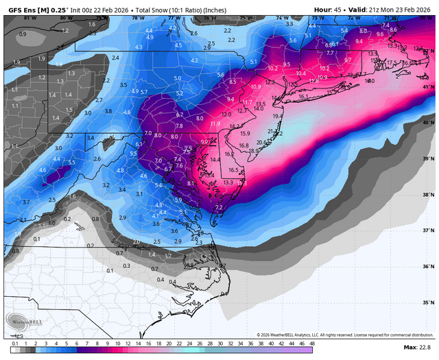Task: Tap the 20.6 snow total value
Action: pyautogui.click(x=263, y=142)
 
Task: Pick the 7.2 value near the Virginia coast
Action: pyautogui.click(x=219, y=207)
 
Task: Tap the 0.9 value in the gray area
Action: pyautogui.click(x=23, y=34)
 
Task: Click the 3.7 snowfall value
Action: pyautogui.click(x=26, y=202)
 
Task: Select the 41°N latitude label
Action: pyautogui.click(x=427, y=87)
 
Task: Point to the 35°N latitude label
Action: pyautogui.click(x=427, y=302)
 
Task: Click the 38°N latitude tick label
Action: pyautogui.click(x=427, y=195)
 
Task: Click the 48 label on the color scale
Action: pyautogui.click(x=312, y=342)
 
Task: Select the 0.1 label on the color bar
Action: pyautogui.click(x=15, y=342)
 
